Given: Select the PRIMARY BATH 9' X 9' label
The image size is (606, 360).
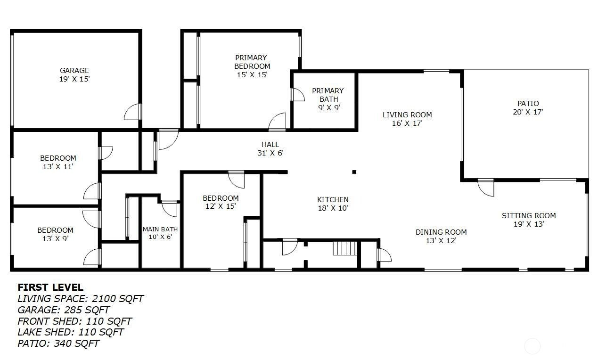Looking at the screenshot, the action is [x=328, y=99].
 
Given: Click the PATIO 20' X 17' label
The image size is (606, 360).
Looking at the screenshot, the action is [x=528, y=107].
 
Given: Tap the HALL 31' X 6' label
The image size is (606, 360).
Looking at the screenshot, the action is [x=270, y=149].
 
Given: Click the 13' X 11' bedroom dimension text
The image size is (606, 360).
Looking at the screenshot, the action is [x=58, y=167].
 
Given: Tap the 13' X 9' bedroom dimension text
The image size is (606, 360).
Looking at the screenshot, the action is [x=55, y=239].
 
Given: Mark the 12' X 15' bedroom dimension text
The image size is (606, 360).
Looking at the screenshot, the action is [x=221, y=206].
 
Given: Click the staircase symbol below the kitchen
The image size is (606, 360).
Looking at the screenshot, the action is [x=345, y=248].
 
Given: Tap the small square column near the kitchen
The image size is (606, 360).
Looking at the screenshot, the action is [x=354, y=172].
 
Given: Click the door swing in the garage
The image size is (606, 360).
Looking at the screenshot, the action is [x=132, y=112].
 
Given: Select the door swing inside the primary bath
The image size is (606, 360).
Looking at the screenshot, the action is [x=298, y=95].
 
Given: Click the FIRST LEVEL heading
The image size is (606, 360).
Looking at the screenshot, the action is [x=50, y=287].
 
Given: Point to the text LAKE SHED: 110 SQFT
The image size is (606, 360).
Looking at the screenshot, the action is [x=70, y=332].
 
